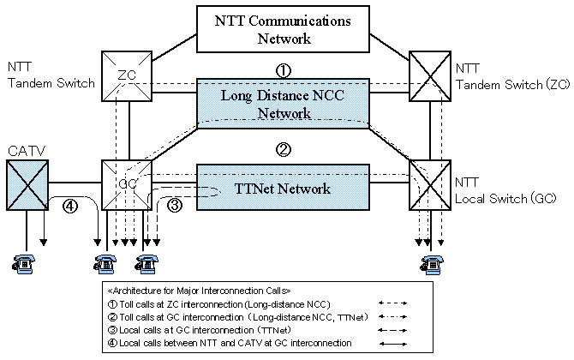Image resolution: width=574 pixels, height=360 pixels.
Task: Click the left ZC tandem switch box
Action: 128,76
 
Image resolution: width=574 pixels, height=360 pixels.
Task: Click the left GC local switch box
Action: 128,184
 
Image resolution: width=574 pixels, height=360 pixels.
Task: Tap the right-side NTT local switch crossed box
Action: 430,184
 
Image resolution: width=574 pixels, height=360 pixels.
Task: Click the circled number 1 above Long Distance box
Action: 284,69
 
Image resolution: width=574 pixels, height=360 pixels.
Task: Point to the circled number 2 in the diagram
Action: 284,148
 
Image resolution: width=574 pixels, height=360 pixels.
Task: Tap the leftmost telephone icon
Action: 25,262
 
